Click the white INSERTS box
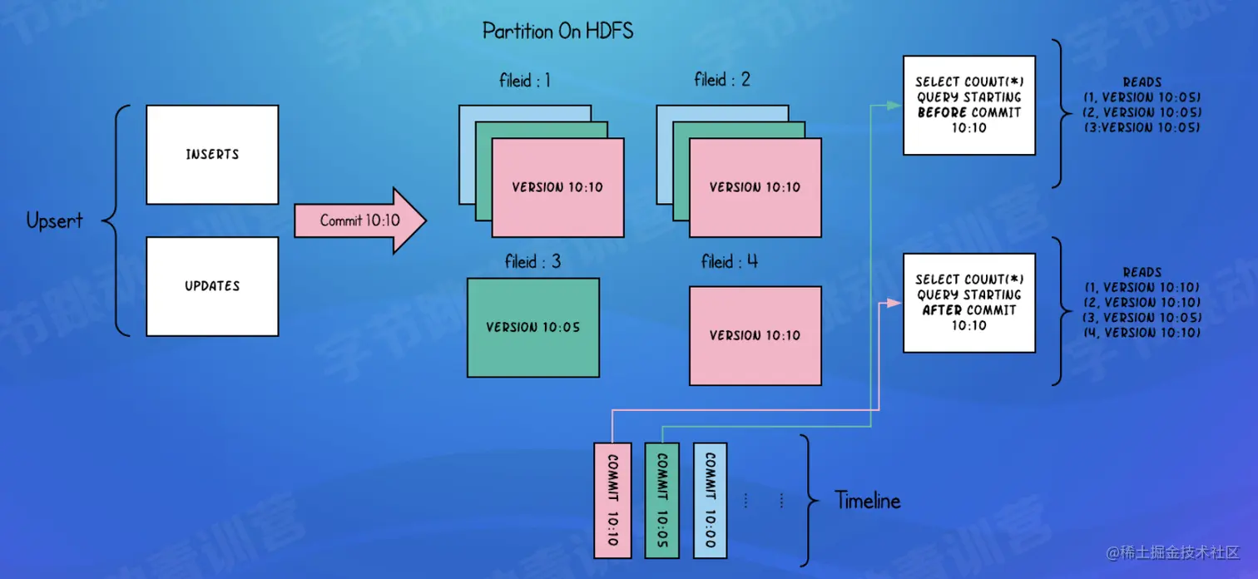[212, 155]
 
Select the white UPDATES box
[212, 286]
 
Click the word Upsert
[54, 221]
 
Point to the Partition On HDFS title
[557, 32]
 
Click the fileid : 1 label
[520, 81]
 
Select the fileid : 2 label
[721, 80]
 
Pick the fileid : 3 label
[532, 262]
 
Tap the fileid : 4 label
[729, 262]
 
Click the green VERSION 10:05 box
[532, 328]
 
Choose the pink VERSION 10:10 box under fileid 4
[755, 336]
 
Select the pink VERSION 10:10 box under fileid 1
[557, 188]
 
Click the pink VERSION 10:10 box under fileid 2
[755, 188]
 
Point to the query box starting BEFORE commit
[968, 105]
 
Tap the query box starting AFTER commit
[968, 302]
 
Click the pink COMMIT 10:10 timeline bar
[612, 500]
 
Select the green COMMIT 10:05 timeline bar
[661, 500]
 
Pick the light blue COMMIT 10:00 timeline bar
[710, 500]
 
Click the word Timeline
[867, 501]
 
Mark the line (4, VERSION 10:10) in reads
[1142, 333]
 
